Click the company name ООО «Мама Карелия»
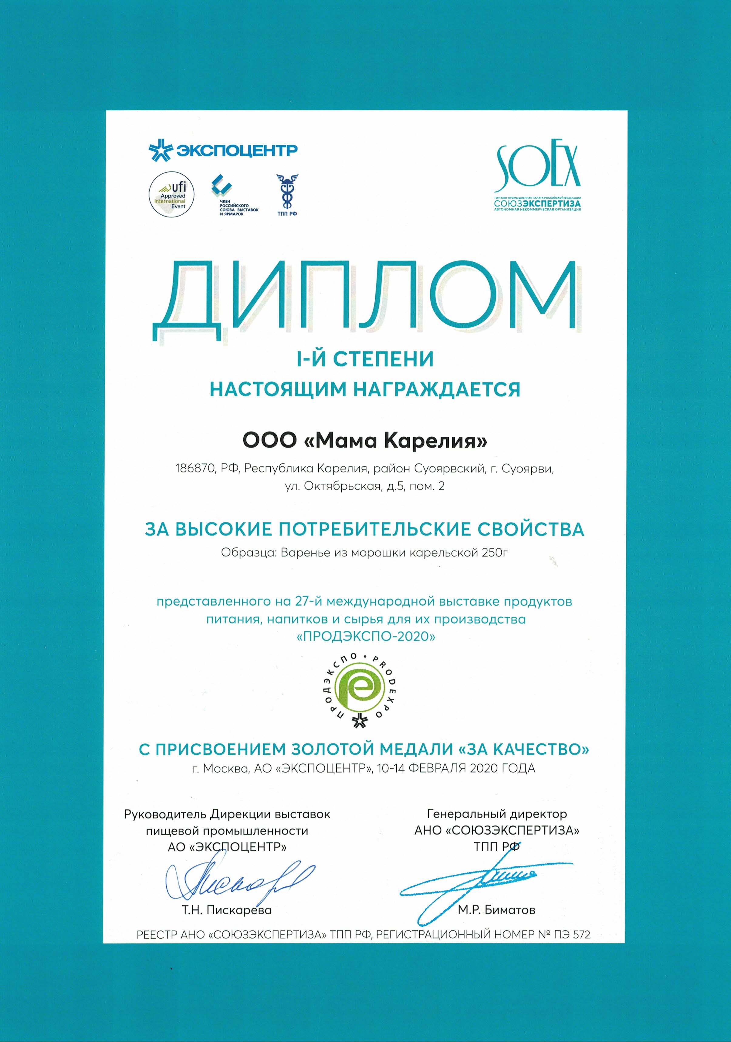(365, 441)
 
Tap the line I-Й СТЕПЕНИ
(365, 359)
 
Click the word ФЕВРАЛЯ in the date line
(438, 768)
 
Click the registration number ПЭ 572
(572, 934)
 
